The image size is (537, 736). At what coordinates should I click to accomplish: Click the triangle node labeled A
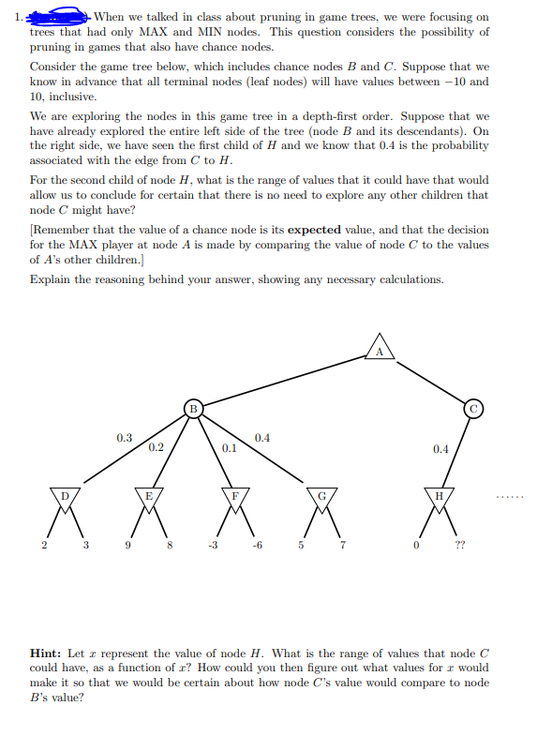tap(380, 346)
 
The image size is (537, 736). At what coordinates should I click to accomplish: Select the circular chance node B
tap(191, 408)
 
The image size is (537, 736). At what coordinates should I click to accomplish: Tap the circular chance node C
tap(475, 408)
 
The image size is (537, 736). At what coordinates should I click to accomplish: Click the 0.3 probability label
tap(124, 437)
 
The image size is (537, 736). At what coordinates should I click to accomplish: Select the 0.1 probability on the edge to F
tap(228, 448)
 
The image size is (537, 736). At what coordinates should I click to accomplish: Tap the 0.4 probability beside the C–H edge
tap(440, 448)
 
